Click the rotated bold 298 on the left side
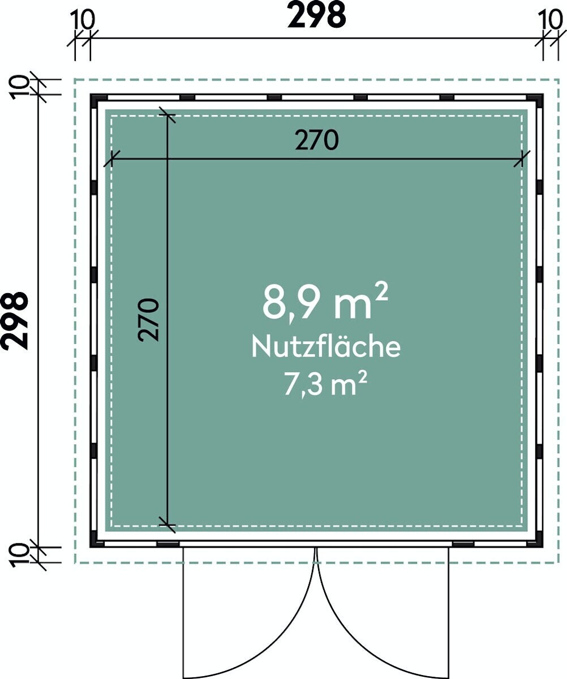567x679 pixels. pyautogui.click(x=14, y=321)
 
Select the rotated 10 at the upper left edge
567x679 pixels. pyautogui.click(x=19, y=87)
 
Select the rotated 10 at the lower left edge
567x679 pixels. pyautogui.click(x=19, y=556)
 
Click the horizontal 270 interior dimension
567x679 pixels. pyautogui.click(x=317, y=140)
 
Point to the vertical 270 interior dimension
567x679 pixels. pyautogui.click(x=148, y=320)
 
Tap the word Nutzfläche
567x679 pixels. pyautogui.click(x=326, y=347)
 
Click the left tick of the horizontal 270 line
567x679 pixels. pyautogui.click(x=111, y=158)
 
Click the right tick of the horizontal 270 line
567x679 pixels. pyautogui.click(x=522, y=158)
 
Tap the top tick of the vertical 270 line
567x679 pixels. pyautogui.click(x=167, y=115)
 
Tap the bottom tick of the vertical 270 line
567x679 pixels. pyautogui.click(x=167, y=525)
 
